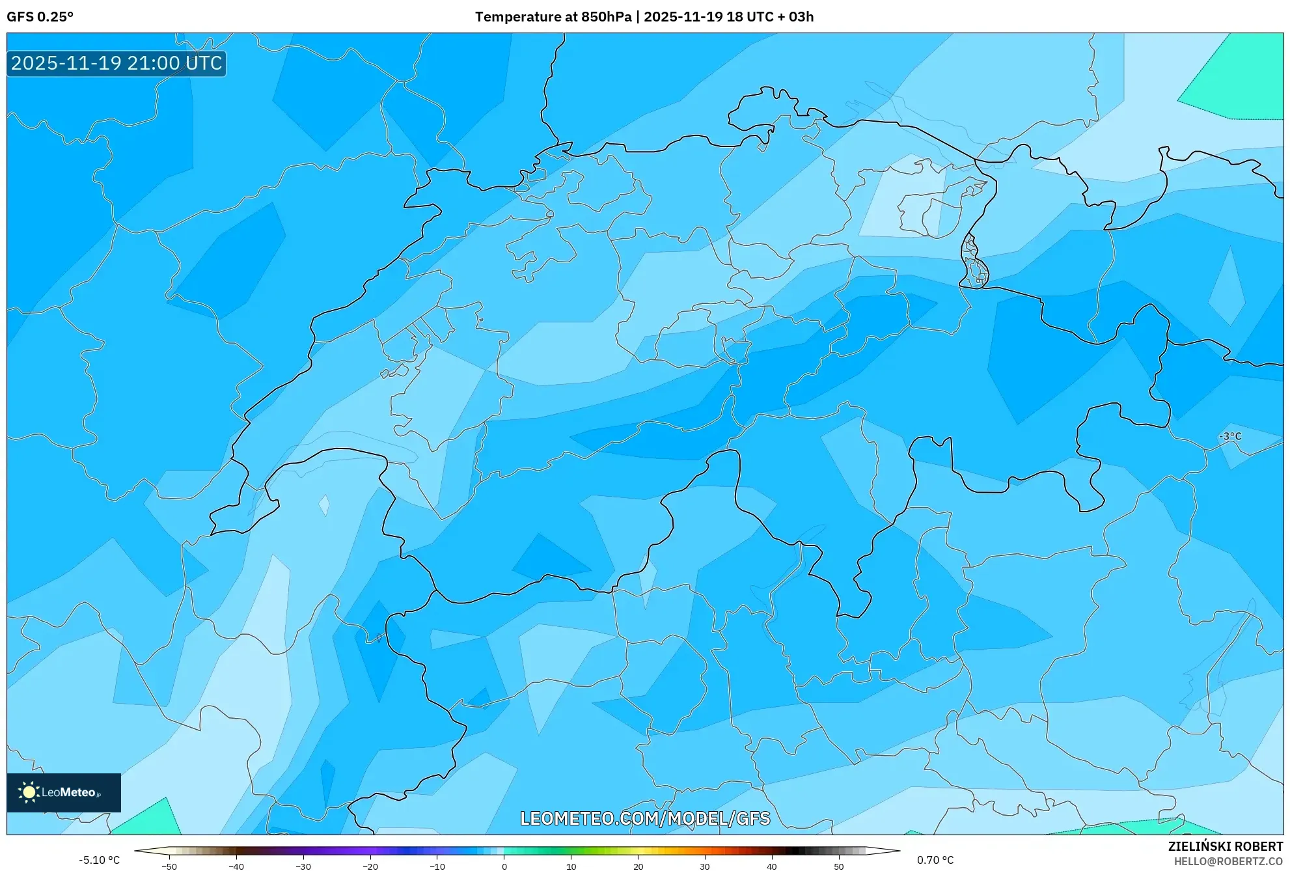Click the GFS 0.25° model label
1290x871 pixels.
40,17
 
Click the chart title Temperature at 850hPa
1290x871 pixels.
553,17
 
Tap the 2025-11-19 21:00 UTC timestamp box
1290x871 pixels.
117,64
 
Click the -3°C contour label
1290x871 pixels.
1230,436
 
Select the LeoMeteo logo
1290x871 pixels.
64,792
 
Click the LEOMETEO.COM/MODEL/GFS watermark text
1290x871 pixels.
644,818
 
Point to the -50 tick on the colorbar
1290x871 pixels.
169,866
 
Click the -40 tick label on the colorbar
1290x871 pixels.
236,866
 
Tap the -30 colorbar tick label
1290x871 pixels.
303,866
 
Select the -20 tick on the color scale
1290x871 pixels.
370,866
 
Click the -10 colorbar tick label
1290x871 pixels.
437,866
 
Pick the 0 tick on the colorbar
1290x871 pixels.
504,866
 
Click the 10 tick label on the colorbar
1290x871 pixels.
571,866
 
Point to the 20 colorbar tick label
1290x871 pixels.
638,866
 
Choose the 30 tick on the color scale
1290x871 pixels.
705,866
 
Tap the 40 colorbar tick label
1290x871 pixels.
772,866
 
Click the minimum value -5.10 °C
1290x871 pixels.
99,860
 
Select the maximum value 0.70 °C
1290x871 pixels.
935,860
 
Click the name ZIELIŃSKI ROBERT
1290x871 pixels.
1225,846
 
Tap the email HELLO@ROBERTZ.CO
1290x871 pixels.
1228,861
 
